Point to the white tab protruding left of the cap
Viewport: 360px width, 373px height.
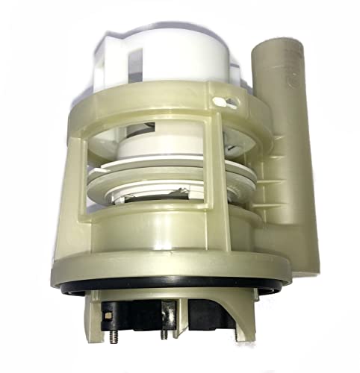[105, 57]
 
